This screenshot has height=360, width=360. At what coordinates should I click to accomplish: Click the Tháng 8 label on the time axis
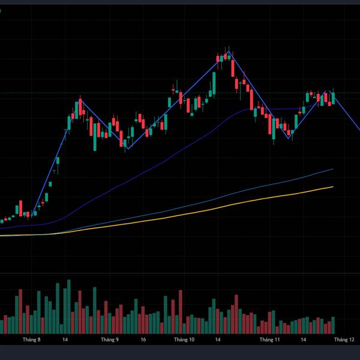(x=31, y=340)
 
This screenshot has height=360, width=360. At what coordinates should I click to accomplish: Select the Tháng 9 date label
(x=110, y=340)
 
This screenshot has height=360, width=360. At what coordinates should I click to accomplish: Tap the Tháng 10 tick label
(x=184, y=340)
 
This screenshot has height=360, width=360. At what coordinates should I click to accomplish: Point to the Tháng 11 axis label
(x=269, y=340)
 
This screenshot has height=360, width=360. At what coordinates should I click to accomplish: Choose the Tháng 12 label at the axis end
(x=344, y=340)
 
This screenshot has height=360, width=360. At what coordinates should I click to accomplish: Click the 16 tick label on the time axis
(x=143, y=340)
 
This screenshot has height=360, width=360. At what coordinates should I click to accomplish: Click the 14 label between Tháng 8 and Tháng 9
(x=65, y=340)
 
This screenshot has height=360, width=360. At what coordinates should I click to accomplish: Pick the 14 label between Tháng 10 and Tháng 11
(x=220, y=340)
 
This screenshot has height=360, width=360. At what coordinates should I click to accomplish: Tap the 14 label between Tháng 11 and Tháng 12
(x=304, y=340)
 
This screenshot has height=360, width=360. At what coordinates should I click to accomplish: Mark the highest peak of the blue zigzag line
(x=227, y=53)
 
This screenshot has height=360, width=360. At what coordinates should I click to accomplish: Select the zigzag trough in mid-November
(x=290, y=139)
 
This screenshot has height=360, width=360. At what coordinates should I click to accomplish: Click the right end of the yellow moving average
(x=333, y=187)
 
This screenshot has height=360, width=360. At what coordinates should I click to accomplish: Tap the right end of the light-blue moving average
(x=332, y=169)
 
